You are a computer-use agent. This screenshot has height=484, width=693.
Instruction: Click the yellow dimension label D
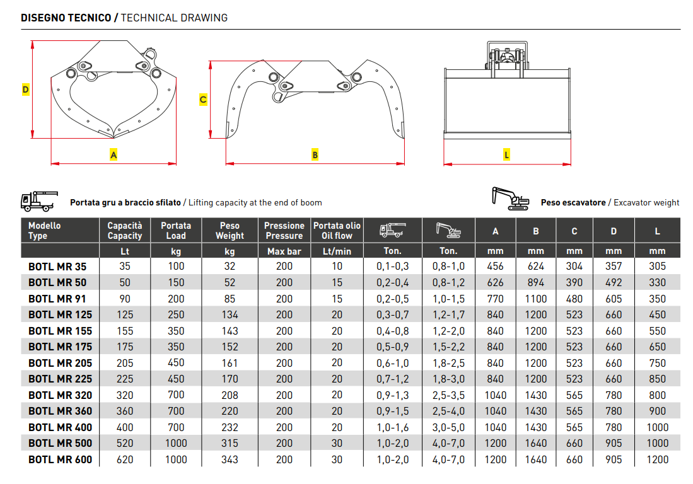pyautogui.click(x=25, y=89)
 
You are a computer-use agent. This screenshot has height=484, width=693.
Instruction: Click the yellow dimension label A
pyautogui.click(x=114, y=154)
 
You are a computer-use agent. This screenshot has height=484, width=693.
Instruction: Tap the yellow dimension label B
pyautogui.click(x=315, y=154)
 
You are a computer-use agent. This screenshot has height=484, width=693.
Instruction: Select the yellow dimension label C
pyautogui.click(x=203, y=100)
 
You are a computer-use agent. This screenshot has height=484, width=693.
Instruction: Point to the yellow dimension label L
pyautogui.click(x=507, y=154)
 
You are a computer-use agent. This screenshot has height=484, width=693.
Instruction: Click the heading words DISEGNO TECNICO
pyautogui.click(x=66, y=18)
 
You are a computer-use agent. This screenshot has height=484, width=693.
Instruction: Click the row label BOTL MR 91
pyautogui.click(x=57, y=299)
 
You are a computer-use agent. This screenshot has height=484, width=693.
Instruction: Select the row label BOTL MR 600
pyautogui.click(x=60, y=459)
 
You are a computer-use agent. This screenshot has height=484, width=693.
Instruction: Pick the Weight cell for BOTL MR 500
pyautogui.click(x=230, y=444)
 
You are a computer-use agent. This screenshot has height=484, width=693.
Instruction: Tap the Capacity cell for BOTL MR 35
pyautogui.click(x=124, y=267)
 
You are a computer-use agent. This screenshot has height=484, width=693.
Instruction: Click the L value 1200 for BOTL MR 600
pyautogui.click(x=657, y=459)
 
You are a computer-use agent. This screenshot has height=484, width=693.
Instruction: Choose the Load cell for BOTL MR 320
pyautogui.click(x=176, y=395)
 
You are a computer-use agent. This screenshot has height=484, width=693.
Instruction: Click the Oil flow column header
pyautogui.click(x=337, y=231)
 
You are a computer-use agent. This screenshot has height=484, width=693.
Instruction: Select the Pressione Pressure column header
pyautogui.click(x=284, y=231)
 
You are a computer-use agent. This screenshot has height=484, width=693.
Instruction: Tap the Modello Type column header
pyautogui.click(x=45, y=231)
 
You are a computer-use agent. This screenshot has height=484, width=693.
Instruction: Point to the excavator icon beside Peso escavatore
pyautogui.click(x=510, y=199)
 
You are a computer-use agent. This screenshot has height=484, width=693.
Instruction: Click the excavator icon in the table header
pyautogui.click(x=448, y=230)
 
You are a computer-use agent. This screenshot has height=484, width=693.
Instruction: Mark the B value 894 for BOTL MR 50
pyautogui.click(x=535, y=282)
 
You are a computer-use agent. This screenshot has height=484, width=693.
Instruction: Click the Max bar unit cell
pyautogui.click(x=284, y=251)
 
